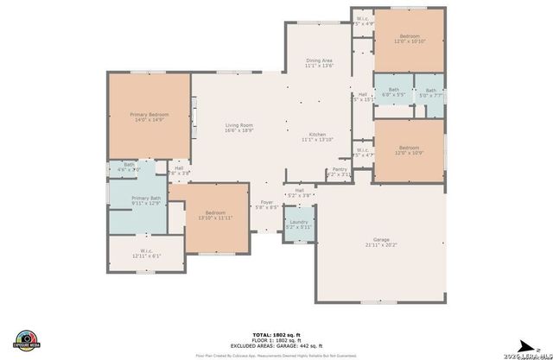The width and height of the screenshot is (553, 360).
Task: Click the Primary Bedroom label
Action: coord(148,115)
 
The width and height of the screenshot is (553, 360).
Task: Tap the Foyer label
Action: coord(268,202)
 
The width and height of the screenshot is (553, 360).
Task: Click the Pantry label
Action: coord(340,169)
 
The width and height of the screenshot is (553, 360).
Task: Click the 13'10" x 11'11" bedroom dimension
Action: coord(216,218)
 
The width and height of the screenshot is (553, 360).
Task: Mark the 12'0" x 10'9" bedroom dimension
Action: coord(409,153)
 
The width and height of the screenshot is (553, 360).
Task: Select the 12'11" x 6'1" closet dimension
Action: coord(146,256)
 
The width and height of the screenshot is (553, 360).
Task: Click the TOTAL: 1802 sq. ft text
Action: coord(276,333)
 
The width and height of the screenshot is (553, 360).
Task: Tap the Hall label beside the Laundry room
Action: coord(300,190)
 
